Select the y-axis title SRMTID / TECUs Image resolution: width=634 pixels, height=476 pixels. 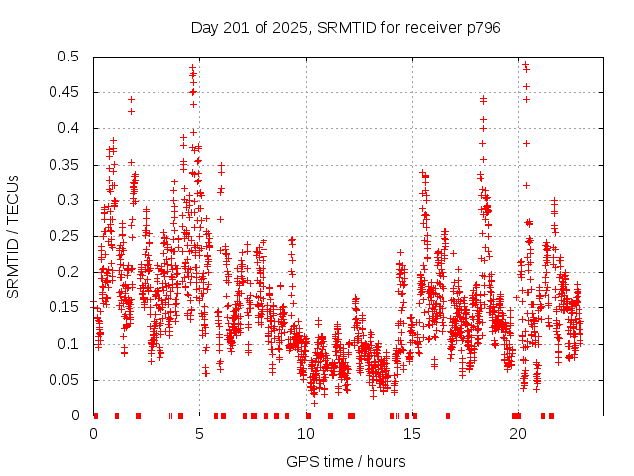point(13,236)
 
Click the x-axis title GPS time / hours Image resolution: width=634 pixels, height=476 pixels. point(346,461)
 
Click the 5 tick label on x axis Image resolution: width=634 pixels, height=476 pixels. point(200,434)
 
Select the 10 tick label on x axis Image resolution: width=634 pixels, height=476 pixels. point(306,434)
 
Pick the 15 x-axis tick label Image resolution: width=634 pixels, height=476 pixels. point(412,434)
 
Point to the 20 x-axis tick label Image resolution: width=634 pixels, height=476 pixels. point(518,434)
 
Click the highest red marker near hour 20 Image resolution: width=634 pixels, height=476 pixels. point(525,64)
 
